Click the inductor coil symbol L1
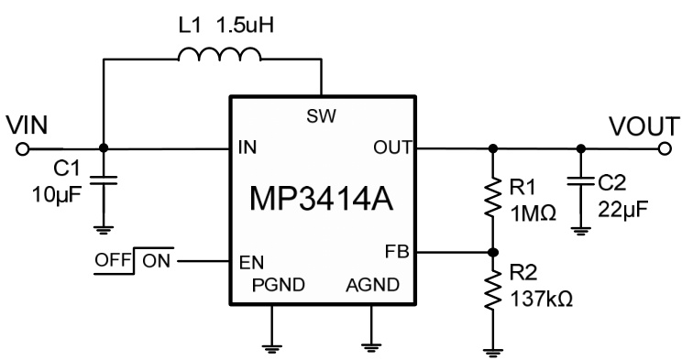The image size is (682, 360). pyautogui.click(x=219, y=57)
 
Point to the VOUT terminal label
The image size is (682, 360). pyautogui.click(x=645, y=125)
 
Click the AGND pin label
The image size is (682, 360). pyautogui.click(x=371, y=285)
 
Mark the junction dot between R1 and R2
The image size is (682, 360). pyautogui.click(x=493, y=251)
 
